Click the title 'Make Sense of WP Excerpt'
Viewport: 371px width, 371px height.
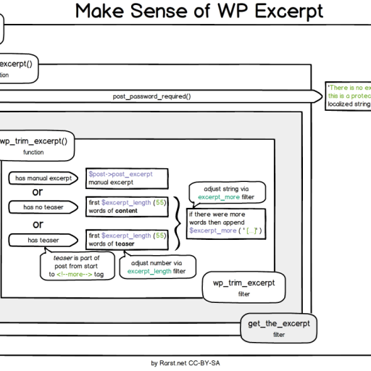point(199,12)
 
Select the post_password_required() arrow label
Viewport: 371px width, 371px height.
point(151,96)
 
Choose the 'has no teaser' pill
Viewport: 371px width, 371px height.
point(44,208)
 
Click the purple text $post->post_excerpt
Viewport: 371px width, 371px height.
point(120,175)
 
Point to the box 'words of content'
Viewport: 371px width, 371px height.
point(127,207)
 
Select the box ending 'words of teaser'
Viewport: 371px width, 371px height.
point(127,240)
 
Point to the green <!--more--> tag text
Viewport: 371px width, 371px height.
point(74,275)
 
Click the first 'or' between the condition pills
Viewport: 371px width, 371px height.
point(37,193)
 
